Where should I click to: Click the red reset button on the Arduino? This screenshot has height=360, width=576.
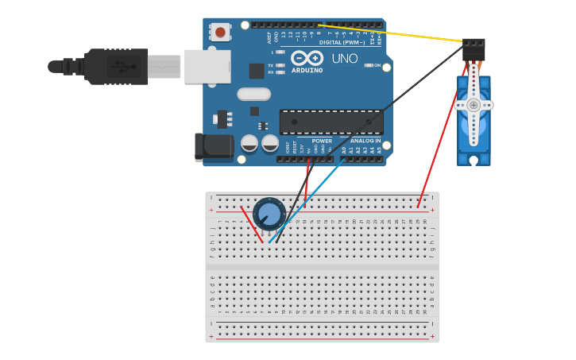point(220,32)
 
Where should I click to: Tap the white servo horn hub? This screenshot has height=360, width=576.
point(474,105)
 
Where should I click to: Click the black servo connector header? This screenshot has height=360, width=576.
point(474,49)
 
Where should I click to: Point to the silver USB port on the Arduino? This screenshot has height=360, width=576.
point(207,67)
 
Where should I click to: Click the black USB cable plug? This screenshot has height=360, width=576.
point(115,67)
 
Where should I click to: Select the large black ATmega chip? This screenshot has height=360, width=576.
point(331,122)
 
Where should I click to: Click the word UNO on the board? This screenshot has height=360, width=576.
point(344,59)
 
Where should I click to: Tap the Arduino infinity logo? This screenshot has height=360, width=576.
point(307,58)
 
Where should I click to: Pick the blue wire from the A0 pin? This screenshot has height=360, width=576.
point(310,199)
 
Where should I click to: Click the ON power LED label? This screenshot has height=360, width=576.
point(377,65)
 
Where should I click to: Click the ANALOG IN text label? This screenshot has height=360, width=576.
point(365,141)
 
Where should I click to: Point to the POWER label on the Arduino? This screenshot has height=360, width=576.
point(322,141)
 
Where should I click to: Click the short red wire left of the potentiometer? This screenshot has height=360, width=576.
point(251,224)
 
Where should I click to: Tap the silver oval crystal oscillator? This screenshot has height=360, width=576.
point(253,95)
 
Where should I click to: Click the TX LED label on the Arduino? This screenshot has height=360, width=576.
point(271,65)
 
